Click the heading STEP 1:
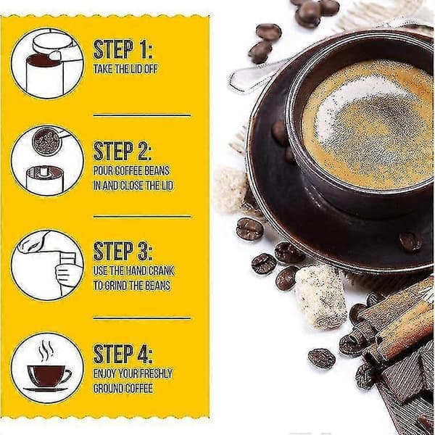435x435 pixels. pos(123,49)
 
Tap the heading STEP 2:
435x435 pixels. pos(123,151)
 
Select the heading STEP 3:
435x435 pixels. pos(123,251)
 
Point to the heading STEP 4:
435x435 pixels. pos(123,353)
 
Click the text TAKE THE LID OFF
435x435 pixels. pos(125,69)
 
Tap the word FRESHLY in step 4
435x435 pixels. pos(157,373)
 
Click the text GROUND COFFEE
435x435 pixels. pos(123,388)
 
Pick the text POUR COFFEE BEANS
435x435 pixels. pos(131,170)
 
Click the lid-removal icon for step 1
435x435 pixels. pos(47,64)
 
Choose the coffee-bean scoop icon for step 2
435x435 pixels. pos(47,161)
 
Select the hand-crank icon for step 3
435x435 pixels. pos(47,265)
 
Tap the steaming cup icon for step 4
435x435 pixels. pos(47,368)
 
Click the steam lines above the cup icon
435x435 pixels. pos(46,350)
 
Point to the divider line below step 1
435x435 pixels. pos(142,115)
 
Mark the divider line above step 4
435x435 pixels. pos(142,318)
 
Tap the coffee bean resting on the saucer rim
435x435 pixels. pos(410,241)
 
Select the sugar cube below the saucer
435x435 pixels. pos(320,296)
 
